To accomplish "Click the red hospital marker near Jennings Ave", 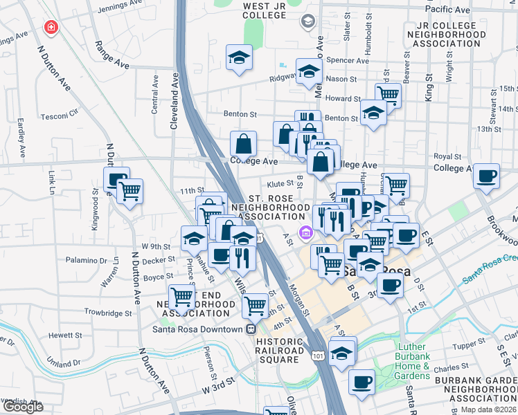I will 51,28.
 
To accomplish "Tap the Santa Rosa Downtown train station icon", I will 252,330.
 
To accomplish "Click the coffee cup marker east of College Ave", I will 487,176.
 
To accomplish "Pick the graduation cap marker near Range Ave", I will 239,58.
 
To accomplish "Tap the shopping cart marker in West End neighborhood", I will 181,297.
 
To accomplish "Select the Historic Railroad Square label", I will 280,346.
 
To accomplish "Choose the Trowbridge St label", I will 108,313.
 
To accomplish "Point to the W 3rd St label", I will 220,391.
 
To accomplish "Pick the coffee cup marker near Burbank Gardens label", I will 361,382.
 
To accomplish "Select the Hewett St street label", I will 66,335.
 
